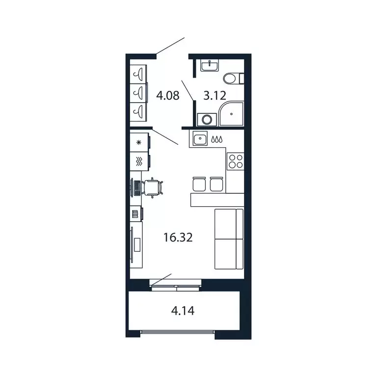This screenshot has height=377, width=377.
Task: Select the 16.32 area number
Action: pos(177,239)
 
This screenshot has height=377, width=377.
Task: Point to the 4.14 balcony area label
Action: pos(183,311)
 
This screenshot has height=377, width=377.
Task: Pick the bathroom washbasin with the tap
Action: pos(213,66)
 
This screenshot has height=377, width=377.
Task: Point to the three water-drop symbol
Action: pos(216,140)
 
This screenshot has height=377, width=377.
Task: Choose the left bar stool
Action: pos(199,184)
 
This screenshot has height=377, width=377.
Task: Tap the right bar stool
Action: pos(216,184)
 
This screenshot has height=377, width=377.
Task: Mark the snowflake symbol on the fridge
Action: pos(138,143)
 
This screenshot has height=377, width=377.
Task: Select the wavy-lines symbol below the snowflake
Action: pos(138,161)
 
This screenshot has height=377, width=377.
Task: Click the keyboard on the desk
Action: pos(135,188)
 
